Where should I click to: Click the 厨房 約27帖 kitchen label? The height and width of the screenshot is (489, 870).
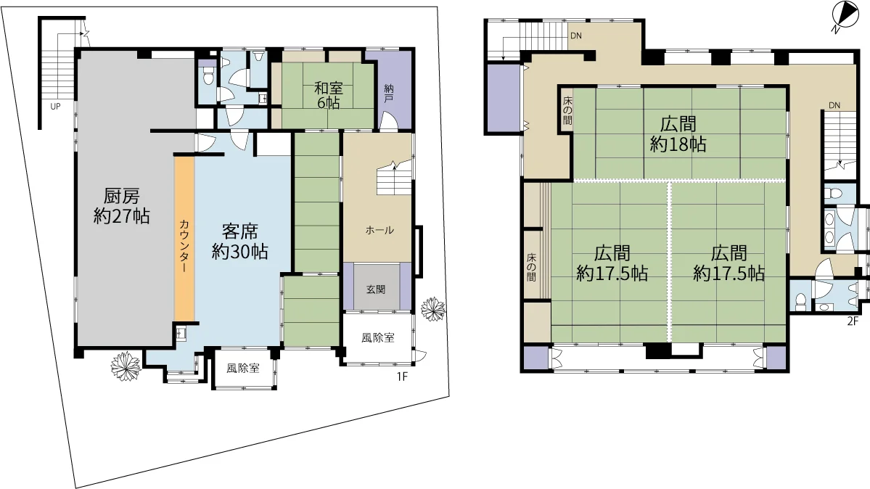(x=121, y=206)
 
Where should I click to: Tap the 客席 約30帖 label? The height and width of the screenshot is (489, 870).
(x=239, y=242)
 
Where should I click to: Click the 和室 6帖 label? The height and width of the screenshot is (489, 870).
(x=329, y=95)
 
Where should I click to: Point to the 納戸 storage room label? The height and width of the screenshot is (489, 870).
(x=389, y=93)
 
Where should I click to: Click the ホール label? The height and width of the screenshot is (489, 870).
(x=379, y=230)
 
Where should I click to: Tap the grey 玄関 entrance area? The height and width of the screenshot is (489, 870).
(x=376, y=287)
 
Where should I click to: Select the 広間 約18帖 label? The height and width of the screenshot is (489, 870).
(x=678, y=133)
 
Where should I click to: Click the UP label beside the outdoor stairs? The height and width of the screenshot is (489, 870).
(x=55, y=106)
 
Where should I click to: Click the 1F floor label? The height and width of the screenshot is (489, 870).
(x=402, y=377)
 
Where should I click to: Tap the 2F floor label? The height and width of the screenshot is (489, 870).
(x=853, y=320)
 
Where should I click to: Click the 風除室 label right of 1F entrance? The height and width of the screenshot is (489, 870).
(x=378, y=337)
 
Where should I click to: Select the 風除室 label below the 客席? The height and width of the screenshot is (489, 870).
(x=243, y=368)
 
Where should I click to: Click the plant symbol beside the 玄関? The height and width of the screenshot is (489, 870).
(x=432, y=309)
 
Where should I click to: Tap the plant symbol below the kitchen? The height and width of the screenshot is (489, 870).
(x=126, y=366)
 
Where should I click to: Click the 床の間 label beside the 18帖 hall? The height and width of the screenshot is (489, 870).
(x=567, y=111)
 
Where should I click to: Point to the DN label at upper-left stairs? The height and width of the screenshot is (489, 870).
(x=576, y=36)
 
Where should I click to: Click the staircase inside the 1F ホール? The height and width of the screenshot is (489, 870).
(x=395, y=178)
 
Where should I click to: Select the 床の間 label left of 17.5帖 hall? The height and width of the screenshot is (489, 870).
(x=532, y=268)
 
